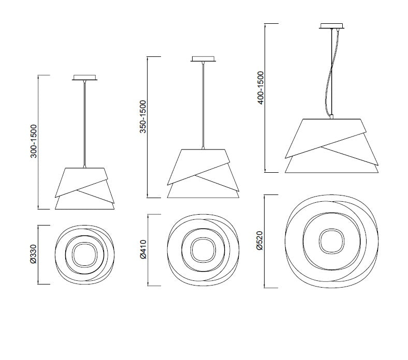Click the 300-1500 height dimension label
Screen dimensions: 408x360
click(34, 141)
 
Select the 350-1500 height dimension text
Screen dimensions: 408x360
click(143, 116)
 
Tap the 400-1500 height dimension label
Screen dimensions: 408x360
click(260, 88)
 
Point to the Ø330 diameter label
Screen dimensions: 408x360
click(34, 254)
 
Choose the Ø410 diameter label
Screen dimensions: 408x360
click(143, 249)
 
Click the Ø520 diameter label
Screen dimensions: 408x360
click(260, 241)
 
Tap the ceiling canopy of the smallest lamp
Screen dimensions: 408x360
click(84, 78)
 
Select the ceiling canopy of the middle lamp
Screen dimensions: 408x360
click(203, 59)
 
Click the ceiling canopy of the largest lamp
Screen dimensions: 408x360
click(332, 26)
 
